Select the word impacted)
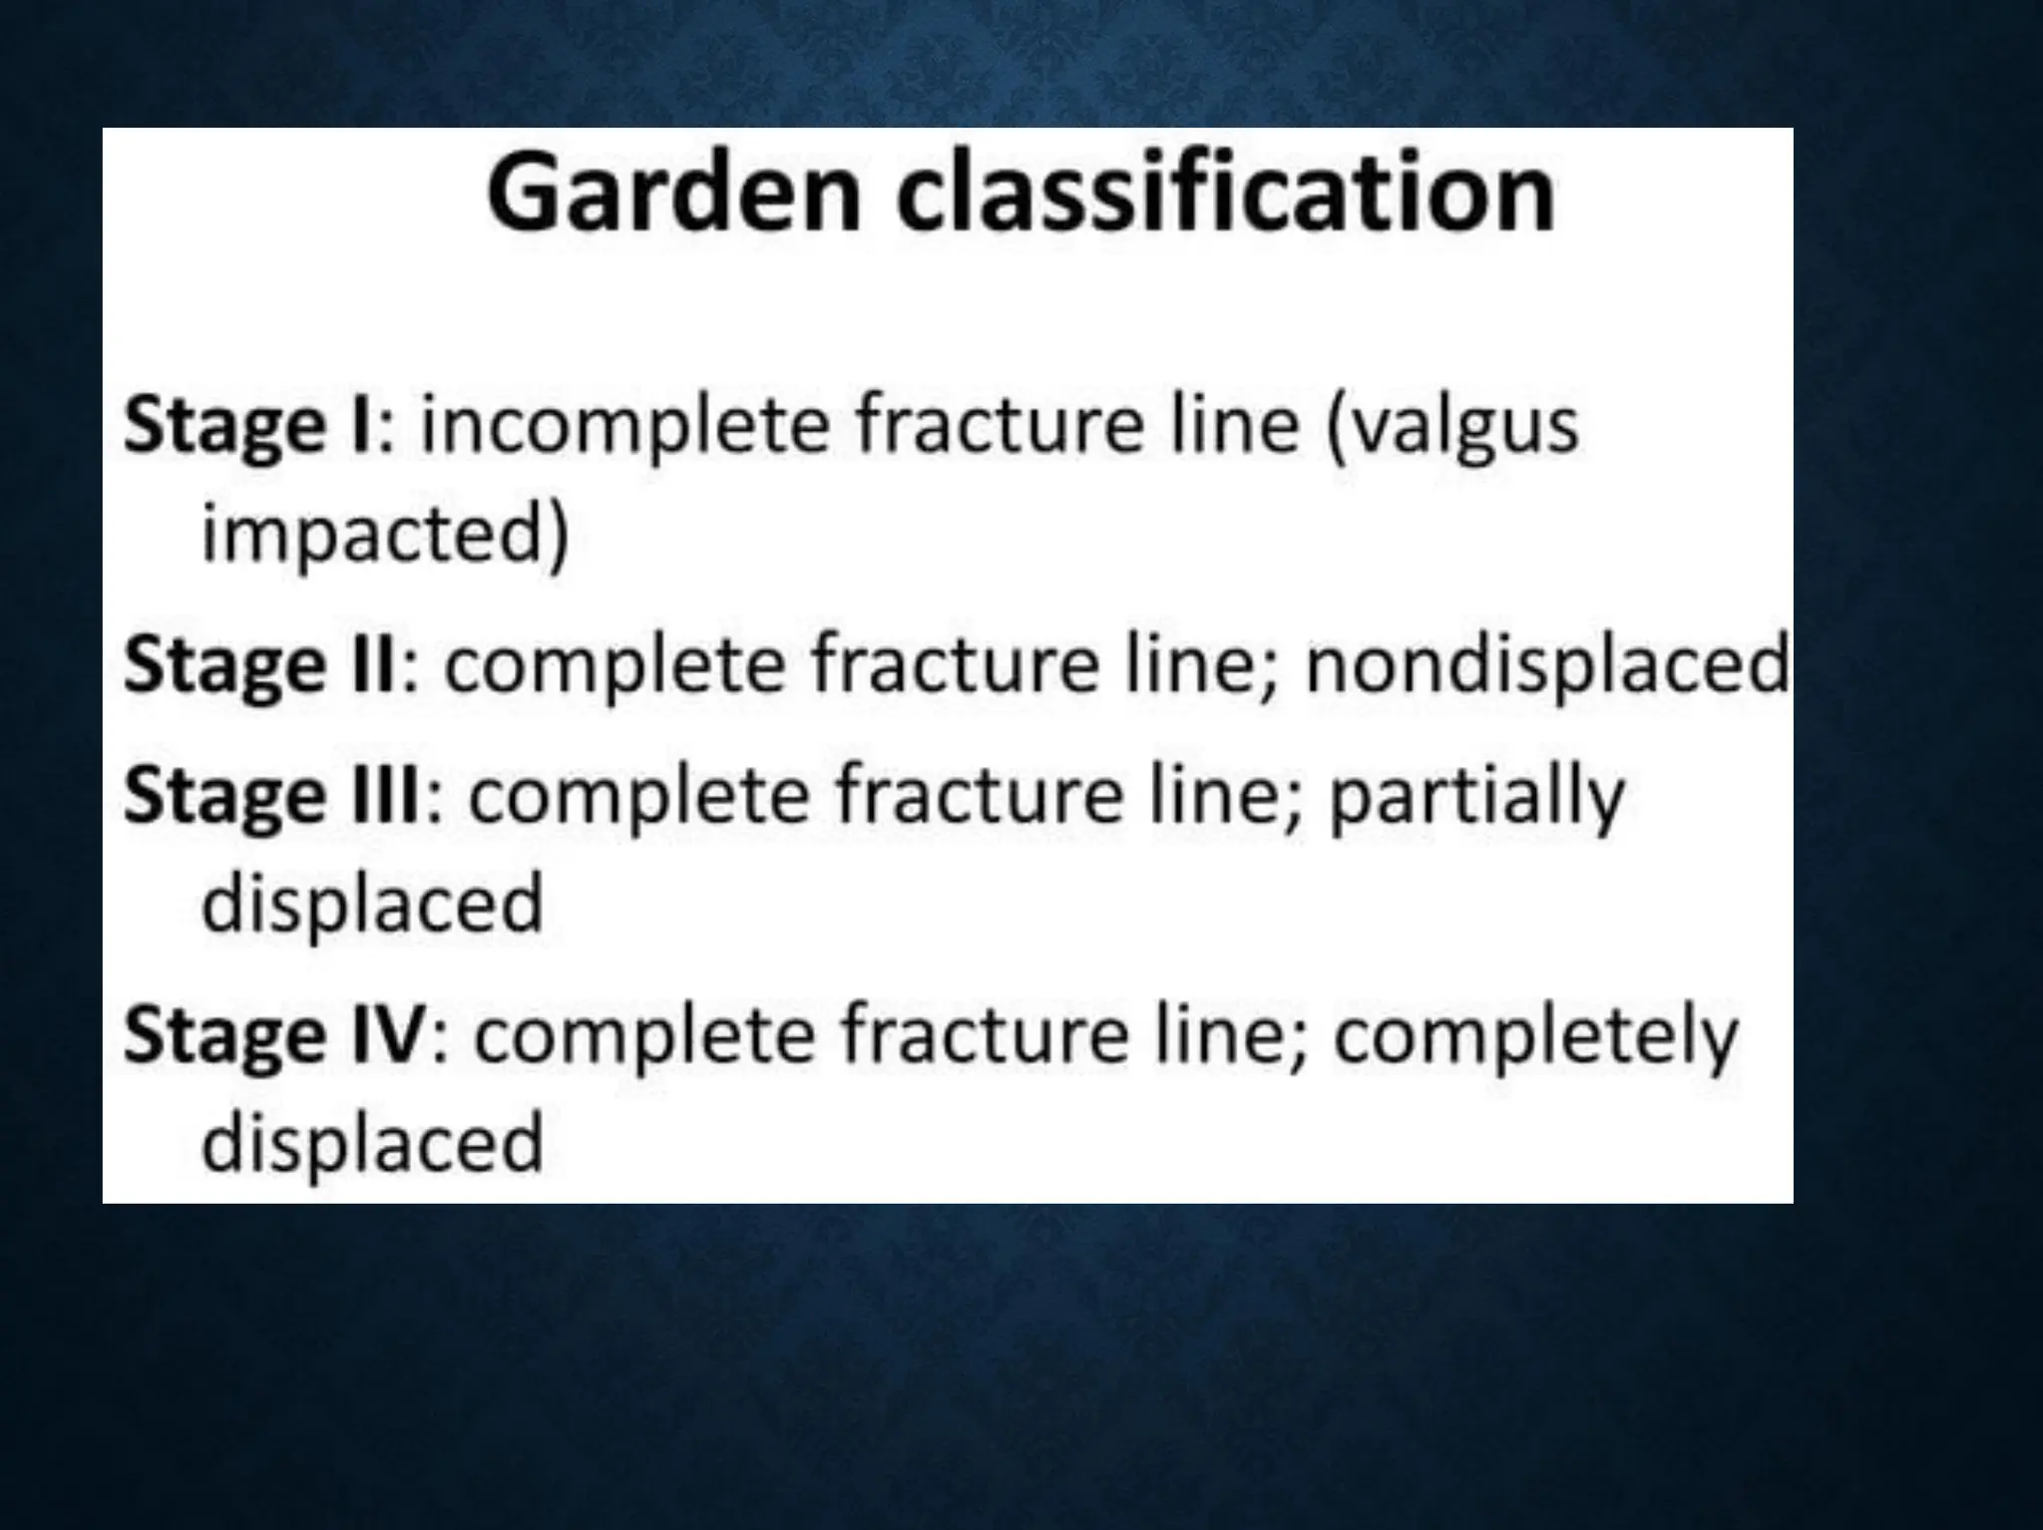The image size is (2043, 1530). tap(384, 536)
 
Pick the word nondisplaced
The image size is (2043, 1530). tap(1546, 665)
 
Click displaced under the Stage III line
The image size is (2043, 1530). tap(372, 903)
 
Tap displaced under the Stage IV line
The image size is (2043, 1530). tap(372, 1142)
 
